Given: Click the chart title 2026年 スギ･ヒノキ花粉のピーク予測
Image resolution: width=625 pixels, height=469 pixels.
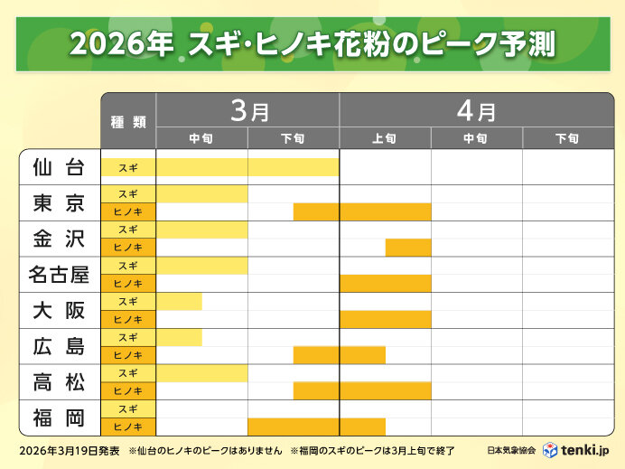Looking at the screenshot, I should [312, 43].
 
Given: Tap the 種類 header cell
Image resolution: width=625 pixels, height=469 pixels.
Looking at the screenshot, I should [128, 121].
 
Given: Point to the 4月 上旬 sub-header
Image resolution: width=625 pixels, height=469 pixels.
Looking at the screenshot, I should [385, 138].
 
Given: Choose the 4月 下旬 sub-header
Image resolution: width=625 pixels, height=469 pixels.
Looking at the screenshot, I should [567, 138].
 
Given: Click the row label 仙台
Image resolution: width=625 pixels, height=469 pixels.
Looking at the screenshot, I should [59, 167].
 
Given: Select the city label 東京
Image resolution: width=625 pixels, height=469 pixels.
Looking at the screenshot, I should [59, 202].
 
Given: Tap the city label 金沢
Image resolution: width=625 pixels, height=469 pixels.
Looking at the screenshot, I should [59, 239].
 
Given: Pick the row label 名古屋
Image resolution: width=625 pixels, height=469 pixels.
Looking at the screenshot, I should [59, 274].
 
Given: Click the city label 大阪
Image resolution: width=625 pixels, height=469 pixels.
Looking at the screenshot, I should [59, 310].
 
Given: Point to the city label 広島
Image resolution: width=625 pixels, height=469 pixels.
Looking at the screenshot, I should [59, 346].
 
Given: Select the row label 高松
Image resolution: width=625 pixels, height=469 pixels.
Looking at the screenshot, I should [59, 382].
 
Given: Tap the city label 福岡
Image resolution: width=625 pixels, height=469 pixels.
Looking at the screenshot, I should [59, 417].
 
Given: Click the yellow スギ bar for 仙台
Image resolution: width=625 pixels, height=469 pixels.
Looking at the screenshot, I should [247, 167].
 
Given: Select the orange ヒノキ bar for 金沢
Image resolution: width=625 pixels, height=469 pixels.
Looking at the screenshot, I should [408, 248].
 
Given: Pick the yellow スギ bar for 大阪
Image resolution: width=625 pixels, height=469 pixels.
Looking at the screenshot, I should [179, 301].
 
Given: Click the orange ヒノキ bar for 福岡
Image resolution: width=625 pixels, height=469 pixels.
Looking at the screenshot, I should [316, 427].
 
